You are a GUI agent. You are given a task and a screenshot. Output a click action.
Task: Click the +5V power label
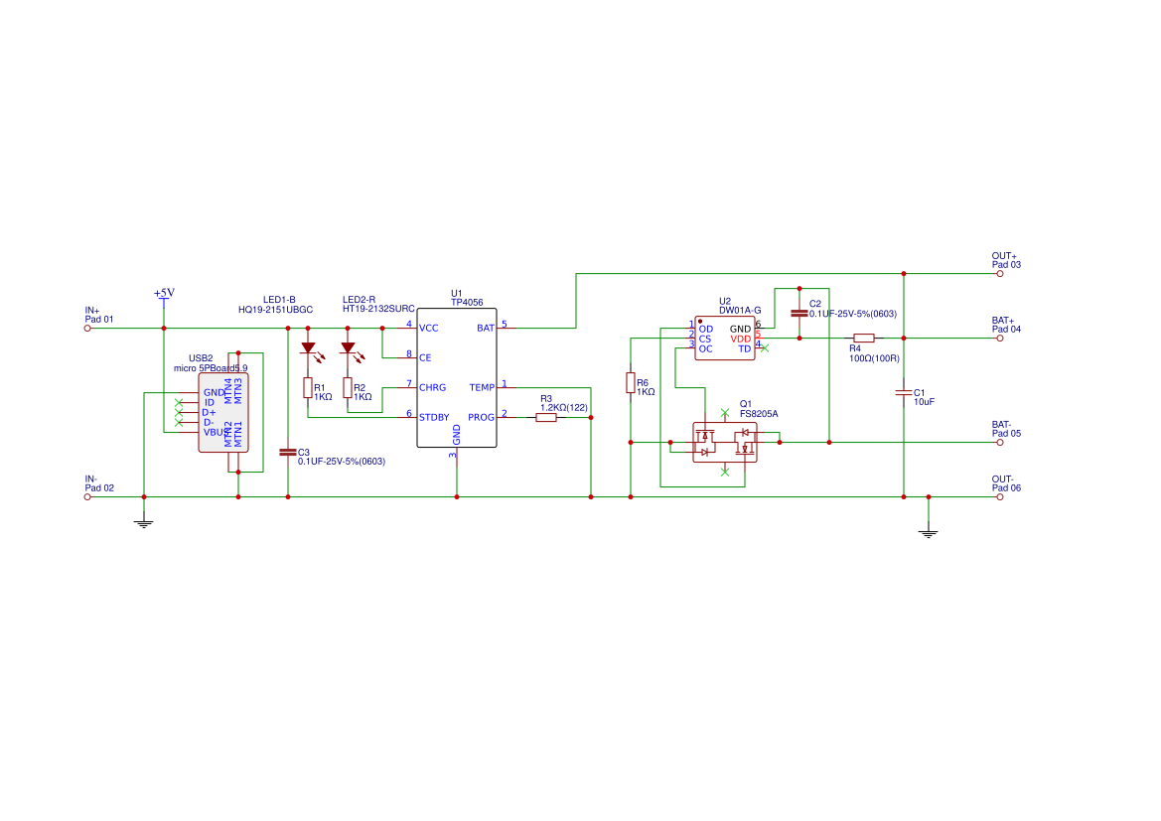click(x=164, y=293)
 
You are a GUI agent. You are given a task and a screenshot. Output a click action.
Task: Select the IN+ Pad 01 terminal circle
click(x=87, y=328)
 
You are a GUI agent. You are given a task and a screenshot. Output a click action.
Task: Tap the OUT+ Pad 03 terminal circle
click(x=1000, y=273)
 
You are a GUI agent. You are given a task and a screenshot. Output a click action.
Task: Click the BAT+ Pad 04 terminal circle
click(x=1000, y=338)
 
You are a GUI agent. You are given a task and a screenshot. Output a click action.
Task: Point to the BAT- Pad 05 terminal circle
click(x=1000, y=442)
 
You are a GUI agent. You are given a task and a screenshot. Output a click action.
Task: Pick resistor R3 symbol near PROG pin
click(x=546, y=418)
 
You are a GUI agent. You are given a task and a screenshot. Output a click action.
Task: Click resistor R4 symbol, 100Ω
click(x=864, y=338)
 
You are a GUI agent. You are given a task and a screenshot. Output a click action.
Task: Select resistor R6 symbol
click(x=631, y=383)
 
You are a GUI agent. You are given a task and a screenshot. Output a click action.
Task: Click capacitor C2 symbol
click(x=799, y=313)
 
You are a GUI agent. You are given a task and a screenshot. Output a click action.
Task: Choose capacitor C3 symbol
click(x=288, y=452)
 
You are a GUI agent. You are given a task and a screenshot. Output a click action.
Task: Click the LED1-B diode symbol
click(x=308, y=349)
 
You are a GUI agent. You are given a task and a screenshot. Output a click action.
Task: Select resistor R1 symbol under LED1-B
click(x=308, y=387)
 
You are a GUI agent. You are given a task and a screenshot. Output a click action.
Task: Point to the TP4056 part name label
click(x=467, y=302)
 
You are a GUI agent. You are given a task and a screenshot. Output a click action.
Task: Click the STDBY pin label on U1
click(x=433, y=417)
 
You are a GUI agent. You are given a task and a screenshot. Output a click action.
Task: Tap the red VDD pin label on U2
click(x=741, y=339)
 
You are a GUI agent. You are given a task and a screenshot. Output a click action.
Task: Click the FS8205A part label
click(x=759, y=414)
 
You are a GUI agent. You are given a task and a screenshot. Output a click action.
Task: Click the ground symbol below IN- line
click(x=144, y=521)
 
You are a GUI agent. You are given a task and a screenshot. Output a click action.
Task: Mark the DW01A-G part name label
click(x=740, y=311)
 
